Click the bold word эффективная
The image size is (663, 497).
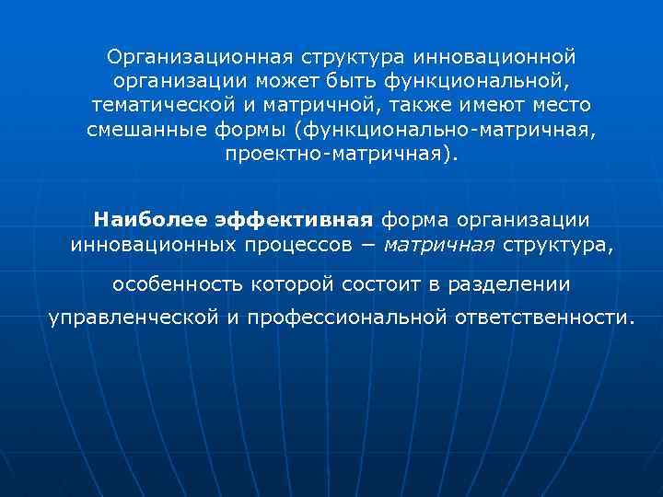294,220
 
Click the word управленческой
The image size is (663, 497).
133,318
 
